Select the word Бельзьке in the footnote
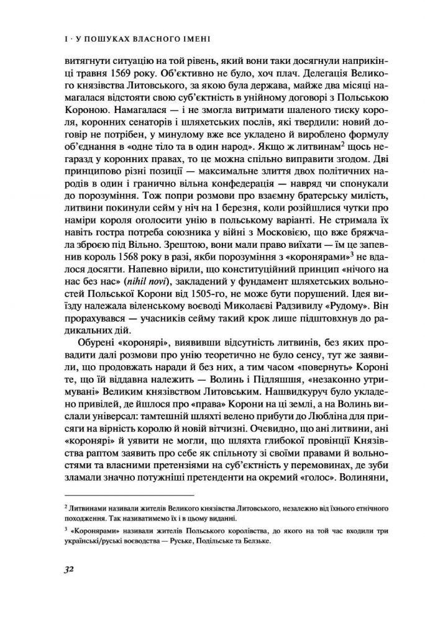[257, 540]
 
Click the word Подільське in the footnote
[213, 540]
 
